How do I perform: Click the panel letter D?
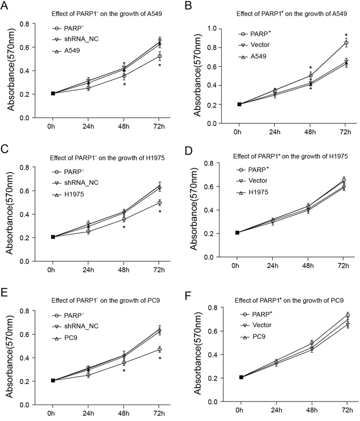[188, 153]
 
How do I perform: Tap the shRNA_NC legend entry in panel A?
[82, 40]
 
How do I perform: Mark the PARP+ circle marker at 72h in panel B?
[346, 43]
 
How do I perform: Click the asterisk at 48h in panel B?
[310, 68]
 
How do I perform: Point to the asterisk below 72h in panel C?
[159, 212]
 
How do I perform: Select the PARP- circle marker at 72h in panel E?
[159, 350]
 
